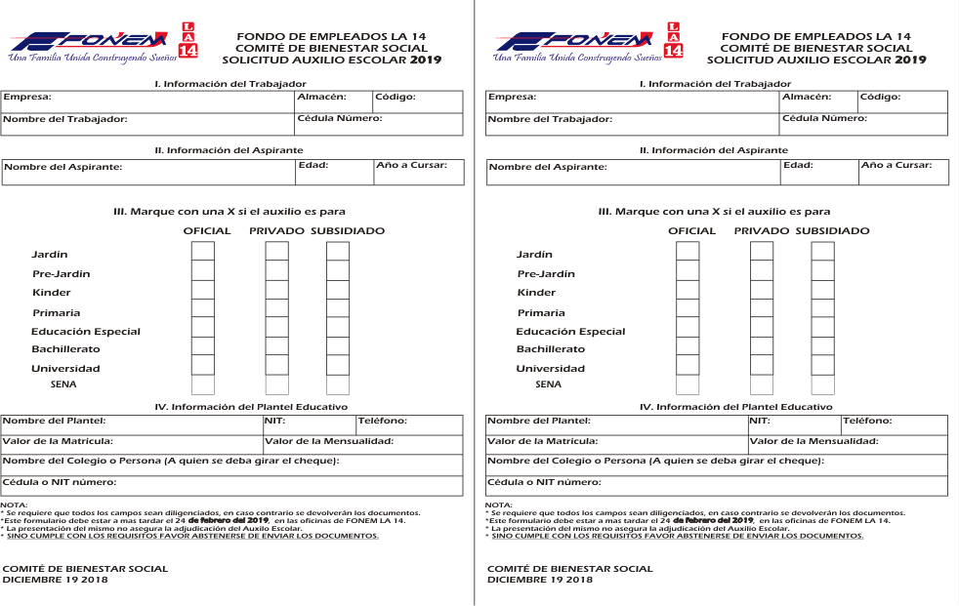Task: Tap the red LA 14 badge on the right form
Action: [x=674, y=40]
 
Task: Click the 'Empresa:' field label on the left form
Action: [x=26, y=98]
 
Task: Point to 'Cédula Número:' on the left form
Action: [x=339, y=118]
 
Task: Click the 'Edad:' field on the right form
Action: [x=798, y=165]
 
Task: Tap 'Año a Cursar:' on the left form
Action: [x=411, y=165]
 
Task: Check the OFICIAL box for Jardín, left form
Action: [x=203, y=252]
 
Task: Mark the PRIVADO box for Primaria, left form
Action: [x=277, y=308]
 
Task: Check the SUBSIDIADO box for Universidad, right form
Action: [x=823, y=365]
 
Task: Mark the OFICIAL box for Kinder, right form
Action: [x=688, y=290]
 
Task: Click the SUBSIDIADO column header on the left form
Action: [x=348, y=231]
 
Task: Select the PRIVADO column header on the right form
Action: [x=761, y=231]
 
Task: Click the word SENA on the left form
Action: [x=63, y=384]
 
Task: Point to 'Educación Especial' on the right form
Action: [x=570, y=332]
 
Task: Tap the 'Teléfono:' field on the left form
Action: [x=382, y=421]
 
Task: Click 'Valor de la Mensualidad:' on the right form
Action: [x=813, y=441]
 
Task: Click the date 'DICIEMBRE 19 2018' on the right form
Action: [x=540, y=580]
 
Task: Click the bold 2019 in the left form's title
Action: [x=425, y=60]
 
